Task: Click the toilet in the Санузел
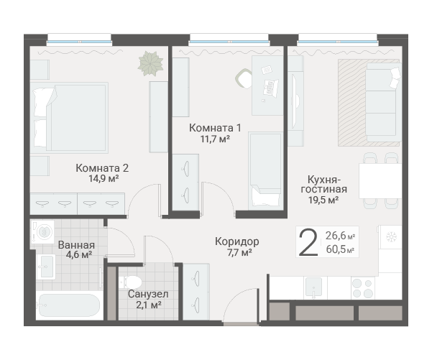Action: point(131,282)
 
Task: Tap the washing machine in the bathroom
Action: point(42,231)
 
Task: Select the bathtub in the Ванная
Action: point(69,305)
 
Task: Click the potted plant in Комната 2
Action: point(151,64)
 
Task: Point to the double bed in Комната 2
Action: point(69,118)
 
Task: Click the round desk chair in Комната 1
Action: point(244,78)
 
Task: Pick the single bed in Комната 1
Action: point(265,171)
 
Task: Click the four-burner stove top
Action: point(363,288)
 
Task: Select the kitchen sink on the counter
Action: point(314,287)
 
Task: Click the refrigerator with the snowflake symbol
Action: point(390,237)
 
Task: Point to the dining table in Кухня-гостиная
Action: point(380,181)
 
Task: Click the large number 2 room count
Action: point(308,243)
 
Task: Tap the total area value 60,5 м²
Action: point(340,249)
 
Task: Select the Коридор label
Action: point(237,242)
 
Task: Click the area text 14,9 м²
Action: point(104,179)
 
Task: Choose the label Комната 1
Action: point(215,128)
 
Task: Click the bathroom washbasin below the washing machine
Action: point(46,267)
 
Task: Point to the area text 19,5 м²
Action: point(323,200)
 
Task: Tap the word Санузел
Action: point(148,294)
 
